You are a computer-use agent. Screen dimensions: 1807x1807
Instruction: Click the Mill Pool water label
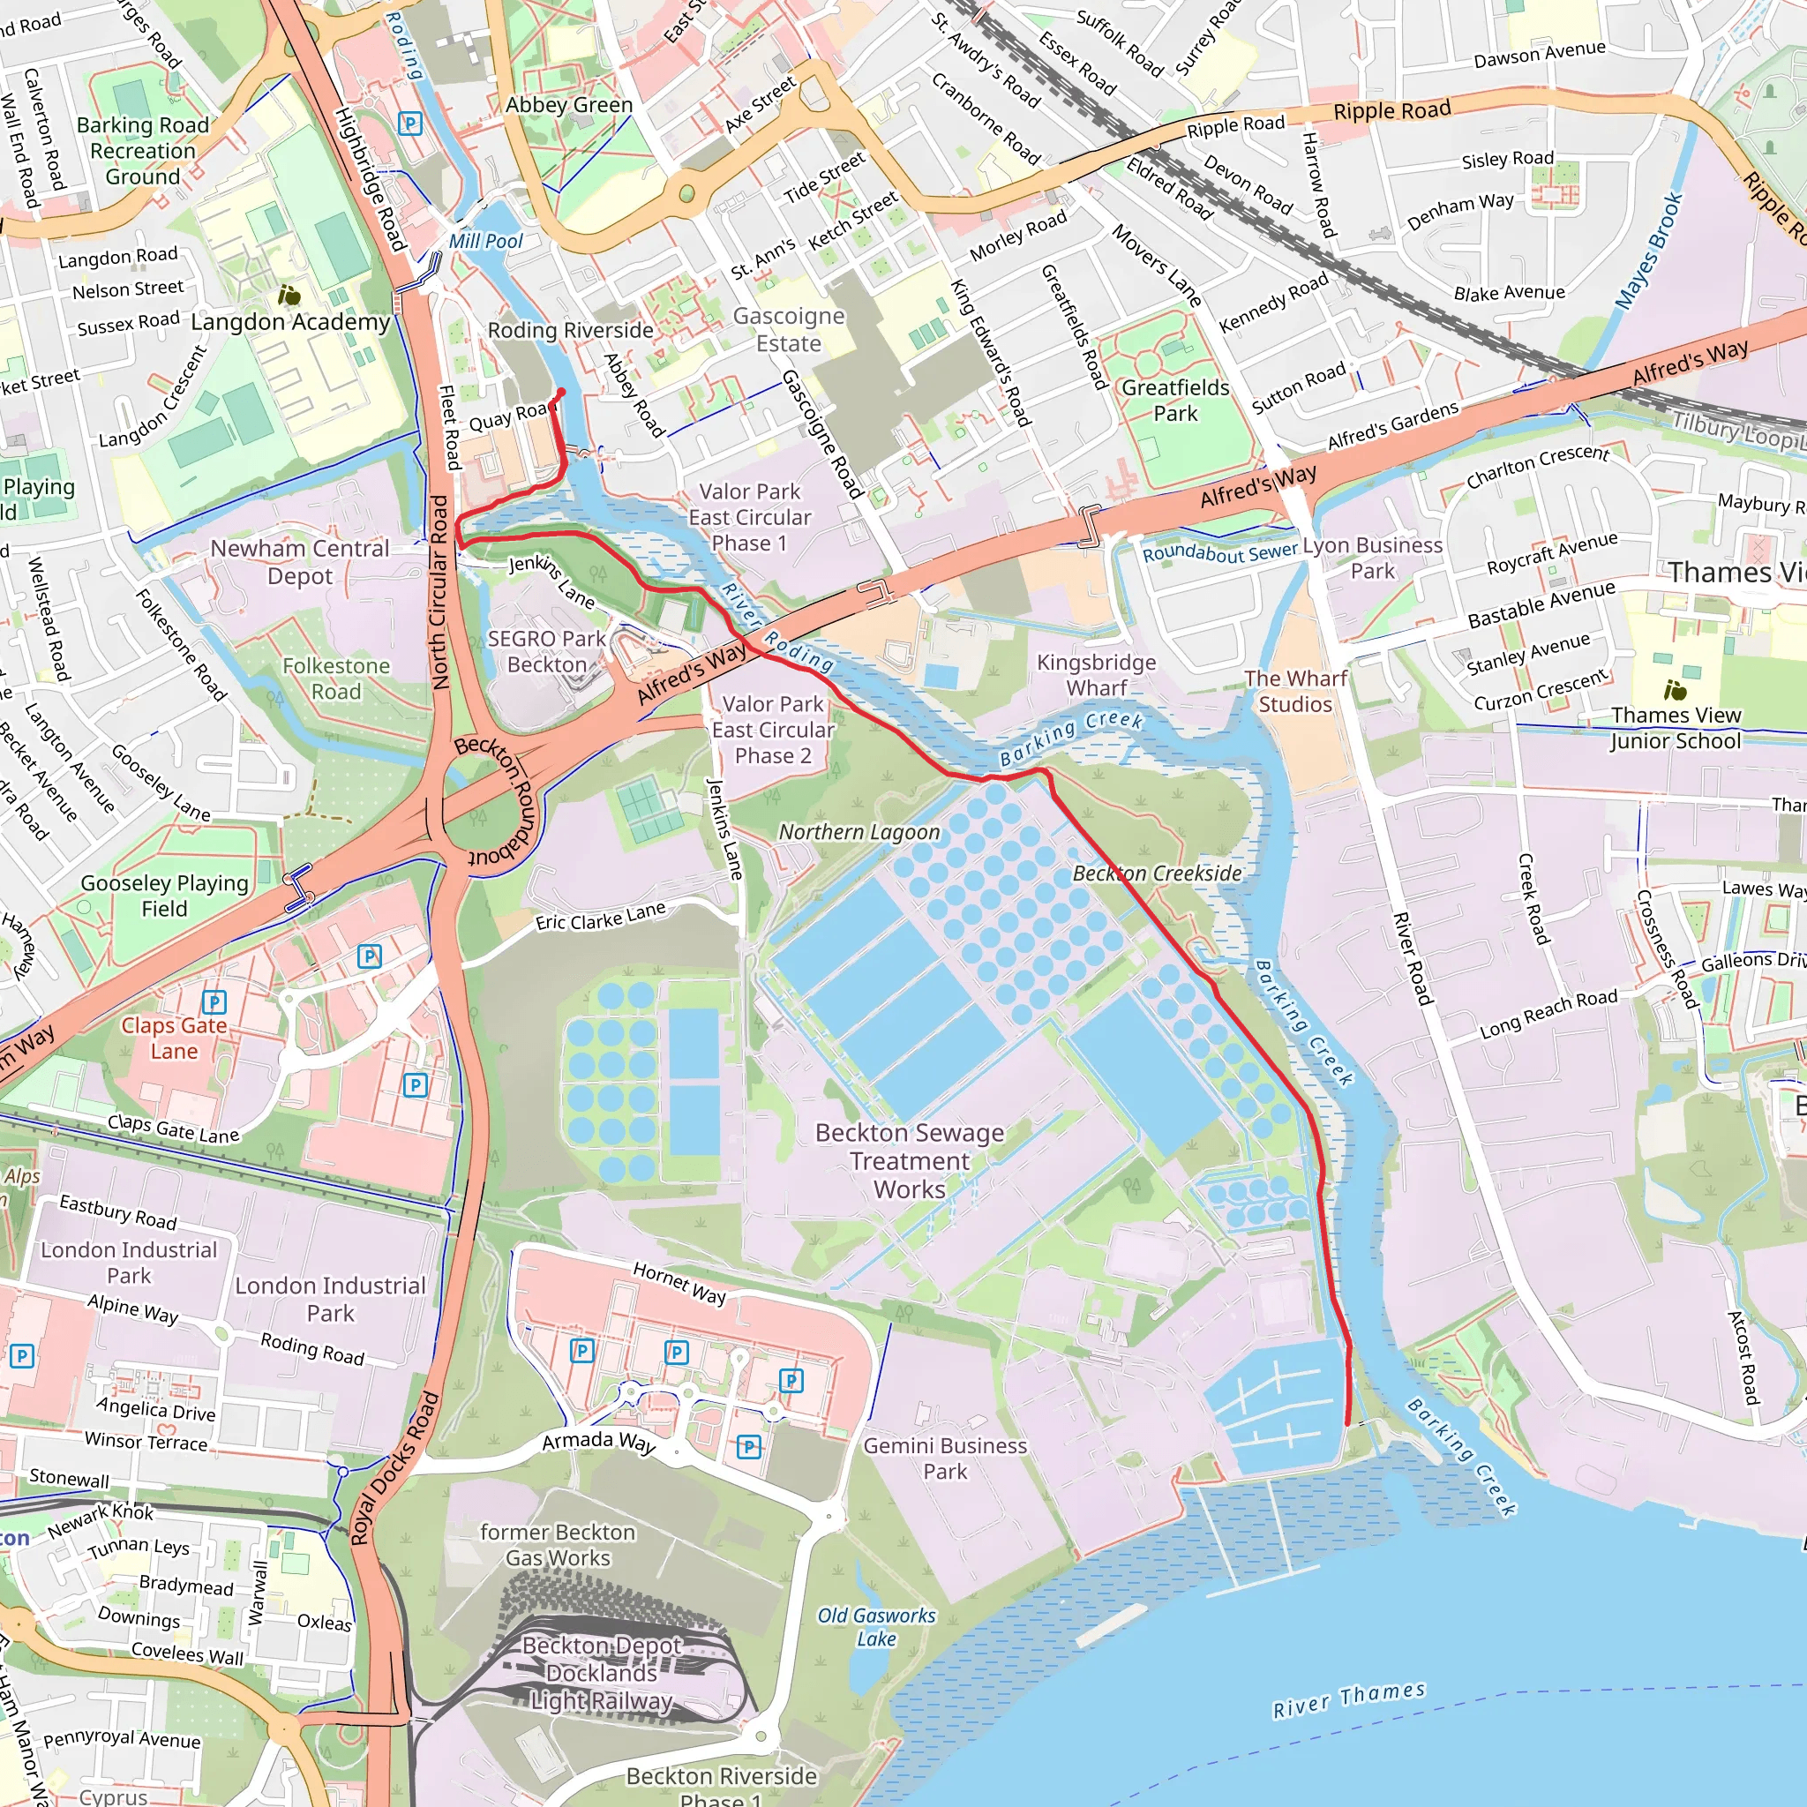pos(485,241)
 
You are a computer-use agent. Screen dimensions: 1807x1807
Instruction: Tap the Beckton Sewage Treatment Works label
pos(909,1161)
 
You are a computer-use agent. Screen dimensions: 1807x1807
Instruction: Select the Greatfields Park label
pos(1174,401)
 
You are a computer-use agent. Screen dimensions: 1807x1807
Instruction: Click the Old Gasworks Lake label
pos(876,1627)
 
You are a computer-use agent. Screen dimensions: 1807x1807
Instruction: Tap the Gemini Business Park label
pos(945,1458)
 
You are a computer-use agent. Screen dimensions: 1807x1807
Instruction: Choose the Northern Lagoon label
pos(859,832)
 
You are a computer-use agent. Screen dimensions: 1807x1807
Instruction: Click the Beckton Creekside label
pos(1157,874)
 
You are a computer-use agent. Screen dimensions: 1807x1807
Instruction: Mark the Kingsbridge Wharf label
pos(1096,675)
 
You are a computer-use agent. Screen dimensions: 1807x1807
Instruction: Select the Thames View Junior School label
pos(1676,729)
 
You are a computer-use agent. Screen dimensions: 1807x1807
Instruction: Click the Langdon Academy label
pos(290,322)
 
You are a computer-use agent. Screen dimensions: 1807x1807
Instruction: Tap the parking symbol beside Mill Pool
pos(409,124)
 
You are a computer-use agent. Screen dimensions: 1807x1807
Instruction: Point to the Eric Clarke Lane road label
pos(601,916)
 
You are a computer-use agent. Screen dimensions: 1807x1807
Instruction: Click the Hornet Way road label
pos(679,1283)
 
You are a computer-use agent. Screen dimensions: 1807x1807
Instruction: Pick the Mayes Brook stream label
pos(1649,251)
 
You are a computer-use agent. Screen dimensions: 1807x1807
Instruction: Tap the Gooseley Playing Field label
pos(165,896)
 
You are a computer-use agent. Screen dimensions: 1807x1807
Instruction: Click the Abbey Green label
pos(569,105)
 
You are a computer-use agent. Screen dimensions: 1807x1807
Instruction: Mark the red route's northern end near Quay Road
pos(561,393)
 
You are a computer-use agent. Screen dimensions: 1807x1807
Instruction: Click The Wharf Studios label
pos(1295,691)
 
